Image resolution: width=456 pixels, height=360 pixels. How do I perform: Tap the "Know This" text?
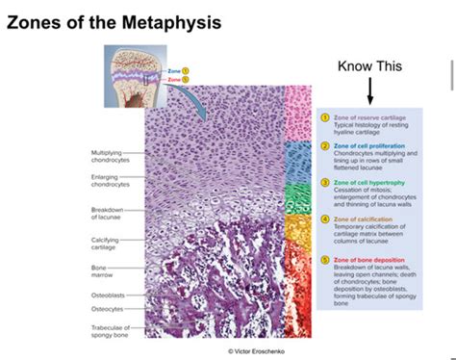(x=369, y=66)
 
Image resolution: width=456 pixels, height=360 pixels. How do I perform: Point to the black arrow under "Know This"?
(x=369, y=90)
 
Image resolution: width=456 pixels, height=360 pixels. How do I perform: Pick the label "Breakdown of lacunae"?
(x=107, y=214)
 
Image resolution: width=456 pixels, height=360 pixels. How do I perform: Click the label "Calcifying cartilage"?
(x=106, y=244)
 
